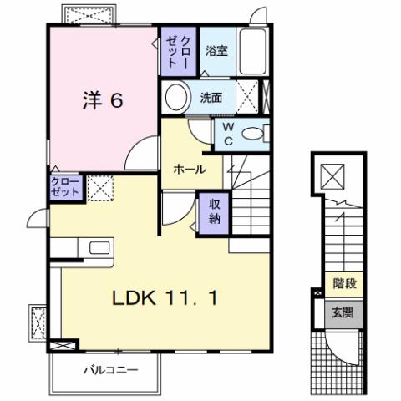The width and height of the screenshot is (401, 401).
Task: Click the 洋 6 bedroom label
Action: (x=103, y=100)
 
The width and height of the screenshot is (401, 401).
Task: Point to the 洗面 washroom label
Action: (x=211, y=97)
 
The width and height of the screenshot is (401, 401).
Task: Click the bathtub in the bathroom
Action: (x=253, y=52)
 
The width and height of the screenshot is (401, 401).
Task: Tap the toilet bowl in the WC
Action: (x=258, y=134)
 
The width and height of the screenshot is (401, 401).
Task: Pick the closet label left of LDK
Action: (x=66, y=186)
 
